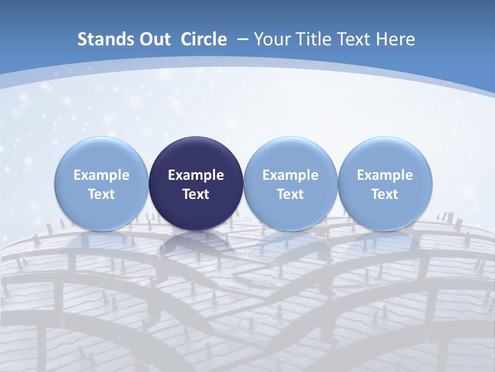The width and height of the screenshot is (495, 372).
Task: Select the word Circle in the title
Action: [204, 39]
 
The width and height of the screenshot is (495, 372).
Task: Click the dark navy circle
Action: [196, 155]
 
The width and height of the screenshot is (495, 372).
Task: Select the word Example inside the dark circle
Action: [196, 175]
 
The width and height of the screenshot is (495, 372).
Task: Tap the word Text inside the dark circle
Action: [196, 194]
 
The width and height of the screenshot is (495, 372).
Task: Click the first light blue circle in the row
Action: [102, 155]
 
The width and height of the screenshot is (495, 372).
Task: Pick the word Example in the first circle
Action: [102, 175]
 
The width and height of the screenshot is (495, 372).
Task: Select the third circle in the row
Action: [290, 155]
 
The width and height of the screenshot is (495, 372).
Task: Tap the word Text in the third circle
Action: [290, 194]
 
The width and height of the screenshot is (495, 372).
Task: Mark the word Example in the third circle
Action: [290, 175]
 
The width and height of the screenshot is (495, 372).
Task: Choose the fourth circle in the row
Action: [385, 155]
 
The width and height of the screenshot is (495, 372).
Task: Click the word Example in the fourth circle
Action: [385, 175]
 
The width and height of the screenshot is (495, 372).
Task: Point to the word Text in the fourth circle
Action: [385, 194]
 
